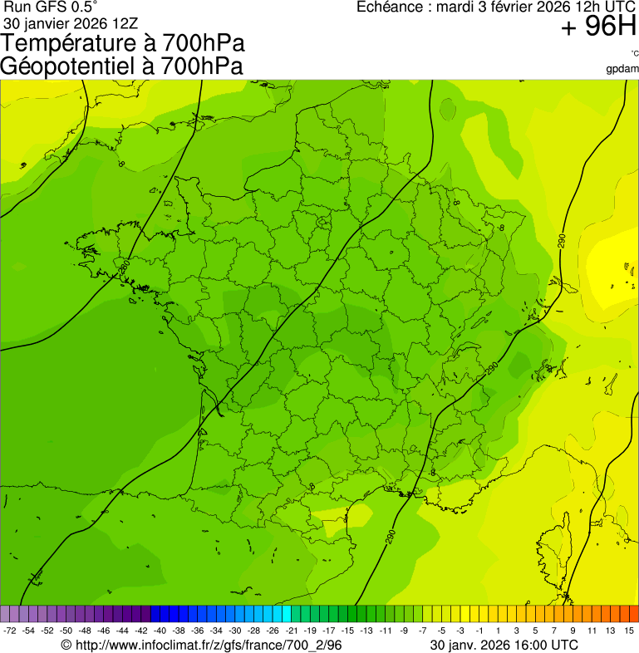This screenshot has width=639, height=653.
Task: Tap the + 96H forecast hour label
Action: (x=598, y=27)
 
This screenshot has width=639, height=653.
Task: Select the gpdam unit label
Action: (x=623, y=69)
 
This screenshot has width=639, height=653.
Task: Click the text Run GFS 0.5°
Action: (x=51, y=7)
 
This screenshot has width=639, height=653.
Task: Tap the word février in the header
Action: (x=504, y=7)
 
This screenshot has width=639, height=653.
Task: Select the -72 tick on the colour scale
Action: (x=10, y=631)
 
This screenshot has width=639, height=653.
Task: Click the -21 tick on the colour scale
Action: (x=292, y=631)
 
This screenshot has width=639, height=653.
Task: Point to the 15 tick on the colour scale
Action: (x=629, y=631)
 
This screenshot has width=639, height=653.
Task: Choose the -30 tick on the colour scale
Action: (x=235, y=631)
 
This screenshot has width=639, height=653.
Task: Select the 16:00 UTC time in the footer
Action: (x=542, y=645)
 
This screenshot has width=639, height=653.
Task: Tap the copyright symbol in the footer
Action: (x=66, y=645)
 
